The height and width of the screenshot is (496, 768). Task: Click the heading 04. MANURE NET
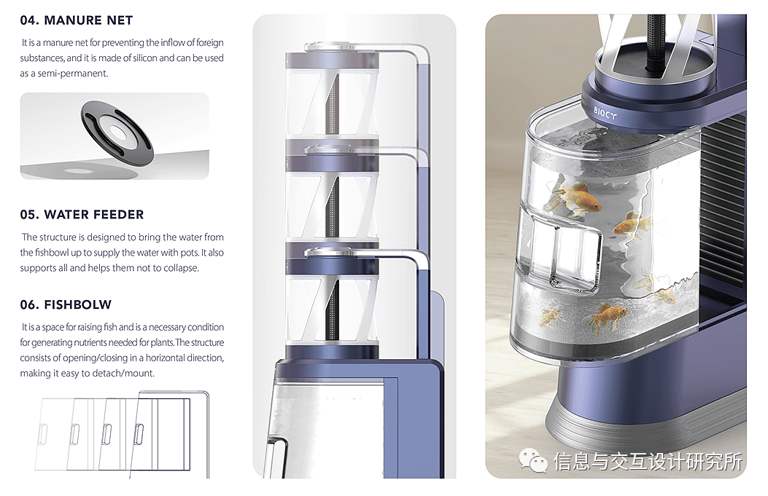pyautogui.click(x=77, y=20)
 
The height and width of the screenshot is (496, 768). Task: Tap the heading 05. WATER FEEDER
pyautogui.click(x=82, y=215)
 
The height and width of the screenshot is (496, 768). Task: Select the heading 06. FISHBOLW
pyautogui.click(x=66, y=304)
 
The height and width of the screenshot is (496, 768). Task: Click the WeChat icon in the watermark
pyautogui.click(x=534, y=460)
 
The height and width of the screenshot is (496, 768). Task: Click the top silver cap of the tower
pyautogui.click(x=329, y=47)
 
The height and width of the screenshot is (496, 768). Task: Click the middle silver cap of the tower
pyautogui.click(x=329, y=149)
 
